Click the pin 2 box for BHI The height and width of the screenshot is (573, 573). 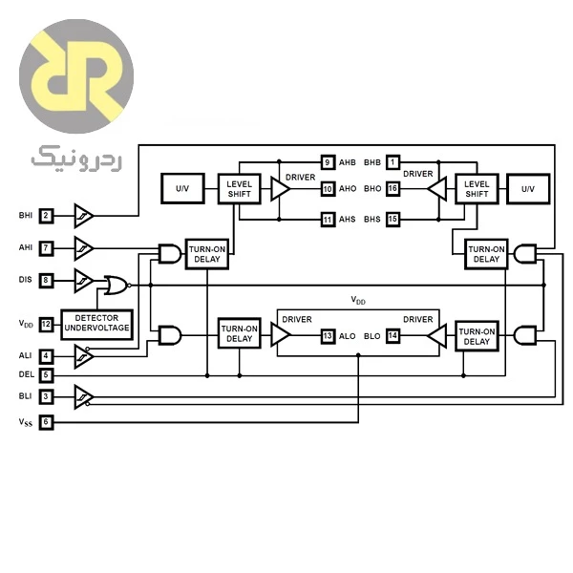click(x=46, y=216)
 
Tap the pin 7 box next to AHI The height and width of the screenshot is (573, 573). click(x=46, y=248)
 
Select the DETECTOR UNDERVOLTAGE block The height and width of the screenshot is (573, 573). click(x=96, y=325)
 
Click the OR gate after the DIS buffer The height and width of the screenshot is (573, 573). click(x=117, y=286)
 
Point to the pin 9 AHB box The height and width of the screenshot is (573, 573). click(x=328, y=162)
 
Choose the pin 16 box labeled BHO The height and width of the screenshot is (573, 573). click(x=393, y=189)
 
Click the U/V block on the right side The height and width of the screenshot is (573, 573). click(x=528, y=189)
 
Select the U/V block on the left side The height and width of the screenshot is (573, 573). click(x=182, y=188)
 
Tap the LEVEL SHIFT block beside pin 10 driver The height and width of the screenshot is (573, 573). click(x=240, y=189)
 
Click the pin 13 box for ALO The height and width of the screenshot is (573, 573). click(x=328, y=336)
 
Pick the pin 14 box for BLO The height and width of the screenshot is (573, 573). click(x=393, y=336)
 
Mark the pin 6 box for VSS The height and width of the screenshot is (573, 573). click(x=46, y=422)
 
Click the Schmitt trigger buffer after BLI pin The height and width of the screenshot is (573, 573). click(x=84, y=397)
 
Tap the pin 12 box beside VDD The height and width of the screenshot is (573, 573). click(x=46, y=325)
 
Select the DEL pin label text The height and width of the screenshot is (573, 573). click(x=27, y=374)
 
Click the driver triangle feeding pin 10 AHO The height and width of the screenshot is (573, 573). click(x=280, y=189)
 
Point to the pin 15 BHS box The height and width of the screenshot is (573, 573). click(x=393, y=220)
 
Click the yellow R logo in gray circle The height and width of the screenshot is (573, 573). click(x=76, y=76)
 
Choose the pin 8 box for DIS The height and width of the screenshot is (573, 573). click(x=46, y=280)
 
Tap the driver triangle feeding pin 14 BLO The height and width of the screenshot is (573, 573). click(x=437, y=335)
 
